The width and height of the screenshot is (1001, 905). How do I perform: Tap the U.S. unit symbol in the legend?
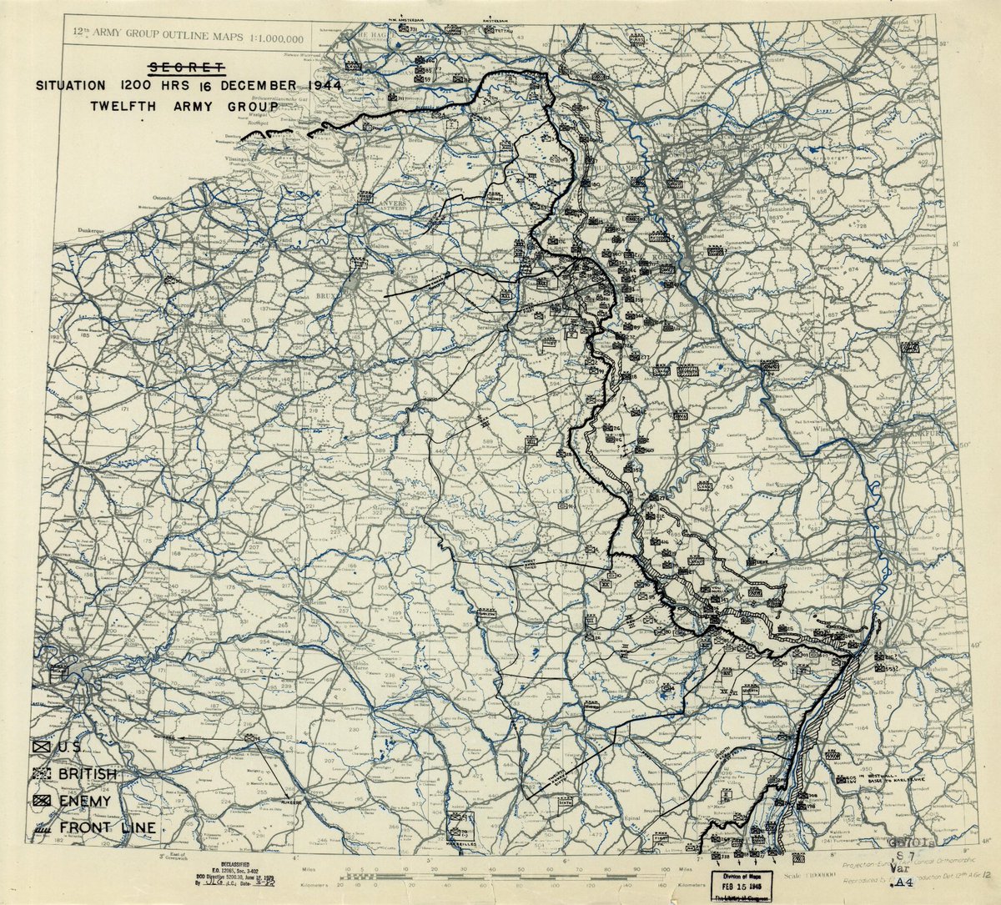point(43,747)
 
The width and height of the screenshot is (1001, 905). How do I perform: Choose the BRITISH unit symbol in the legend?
point(43,774)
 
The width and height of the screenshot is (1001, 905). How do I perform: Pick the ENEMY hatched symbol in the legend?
point(43,800)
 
